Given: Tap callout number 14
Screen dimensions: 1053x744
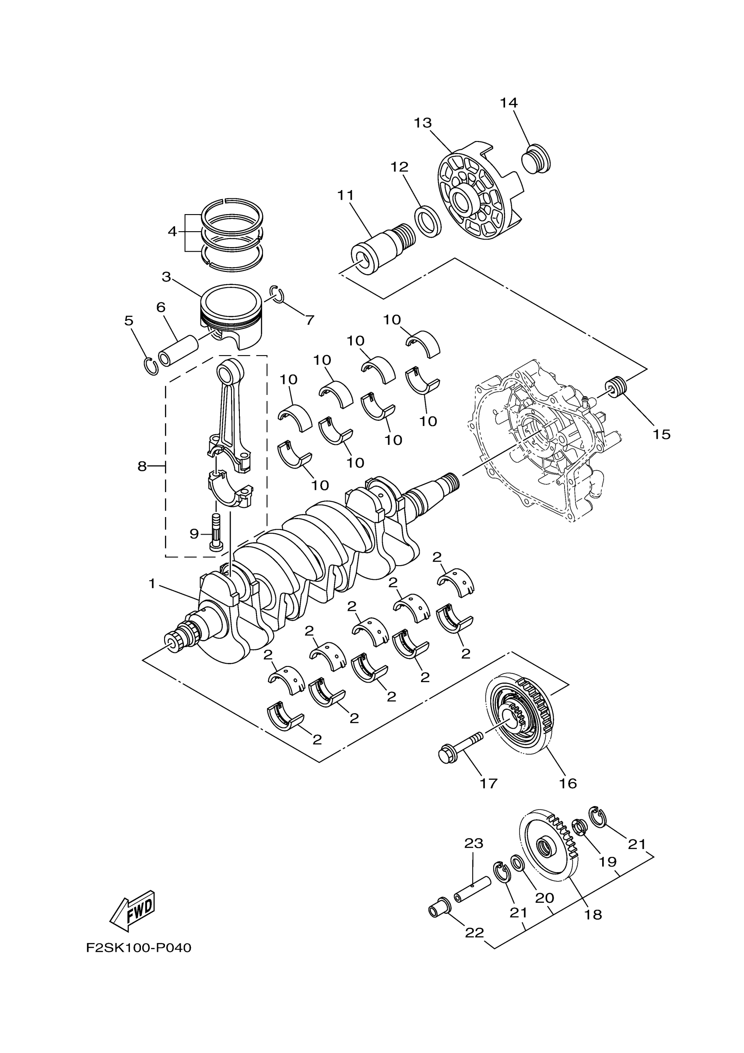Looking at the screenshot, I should (x=509, y=103).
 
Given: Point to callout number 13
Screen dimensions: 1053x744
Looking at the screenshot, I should (x=423, y=123).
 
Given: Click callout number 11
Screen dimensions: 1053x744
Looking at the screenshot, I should (x=346, y=195).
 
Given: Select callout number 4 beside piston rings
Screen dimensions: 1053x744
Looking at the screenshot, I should (x=172, y=232).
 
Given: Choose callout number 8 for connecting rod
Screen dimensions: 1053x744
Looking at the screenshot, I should (x=142, y=466).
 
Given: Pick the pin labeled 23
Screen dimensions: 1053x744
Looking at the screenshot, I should (x=472, y=890).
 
